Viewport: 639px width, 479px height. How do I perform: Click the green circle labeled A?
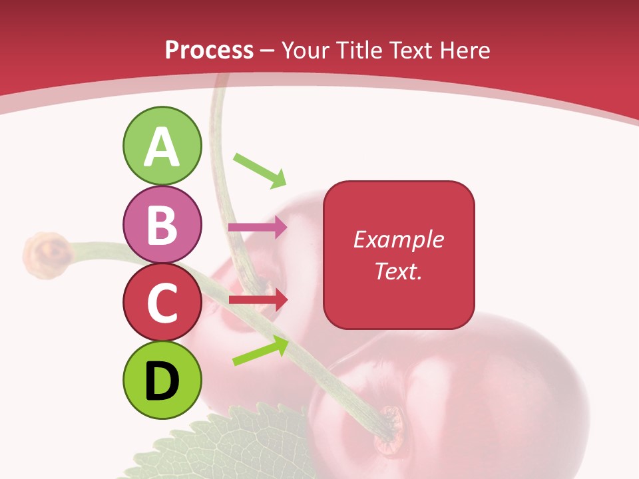click(x=162, y=146)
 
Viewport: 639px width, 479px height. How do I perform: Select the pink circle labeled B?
click(x=162, y=225)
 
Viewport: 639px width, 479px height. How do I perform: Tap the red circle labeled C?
click(x=162, y=303)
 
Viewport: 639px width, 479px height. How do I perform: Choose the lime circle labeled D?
click(x=162, y=380)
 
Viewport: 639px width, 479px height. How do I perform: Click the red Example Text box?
click(x=399, y=255)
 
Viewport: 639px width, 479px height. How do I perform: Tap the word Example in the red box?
click(x=399, y=239)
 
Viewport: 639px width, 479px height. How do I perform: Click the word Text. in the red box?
click(x=399, y=271)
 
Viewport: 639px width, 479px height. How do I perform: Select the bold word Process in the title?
click(x=209, y=50)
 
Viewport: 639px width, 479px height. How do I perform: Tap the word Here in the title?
click(x=465, y=50)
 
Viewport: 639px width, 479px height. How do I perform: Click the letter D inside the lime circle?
click(x=162, y=381)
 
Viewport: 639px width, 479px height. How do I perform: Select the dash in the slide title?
click(x=268, y=51)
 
